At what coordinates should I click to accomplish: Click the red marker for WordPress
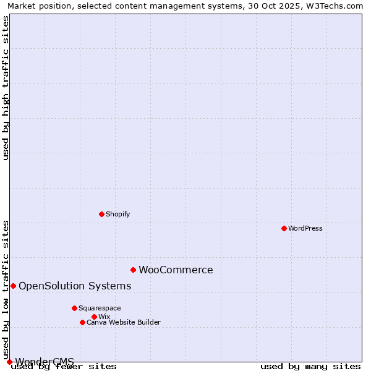click(x=284, y=228)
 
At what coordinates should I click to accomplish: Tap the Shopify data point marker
click(x=101, y=214)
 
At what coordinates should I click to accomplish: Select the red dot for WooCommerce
click(x=133, y=270)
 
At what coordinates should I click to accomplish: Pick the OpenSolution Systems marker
click(x=13, y=286)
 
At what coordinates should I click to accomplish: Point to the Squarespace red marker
click(x=74, y=308)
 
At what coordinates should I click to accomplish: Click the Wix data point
click(x=94, y=317)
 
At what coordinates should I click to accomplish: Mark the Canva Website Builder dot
click(x=82, y=322)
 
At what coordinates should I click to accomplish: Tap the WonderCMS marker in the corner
click(x=9, y=362)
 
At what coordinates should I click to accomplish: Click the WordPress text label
click(x=305, y=228)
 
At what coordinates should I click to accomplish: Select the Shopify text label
click(x=117, y=214)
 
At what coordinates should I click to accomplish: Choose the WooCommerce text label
click(x=176, y=270)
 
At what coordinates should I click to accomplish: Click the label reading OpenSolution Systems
click(x=75, y=286)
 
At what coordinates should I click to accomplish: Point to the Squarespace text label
click(x=100, y=308)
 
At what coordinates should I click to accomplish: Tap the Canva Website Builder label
click(x=123, y=322)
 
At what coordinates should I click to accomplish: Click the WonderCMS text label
click(x=45, y=361)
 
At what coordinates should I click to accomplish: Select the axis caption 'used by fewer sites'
click(x=64, y=367)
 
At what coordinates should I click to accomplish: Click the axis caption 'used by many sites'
click(x=310, y=367)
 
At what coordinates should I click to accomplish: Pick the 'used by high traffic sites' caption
click(x=6, y=88)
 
